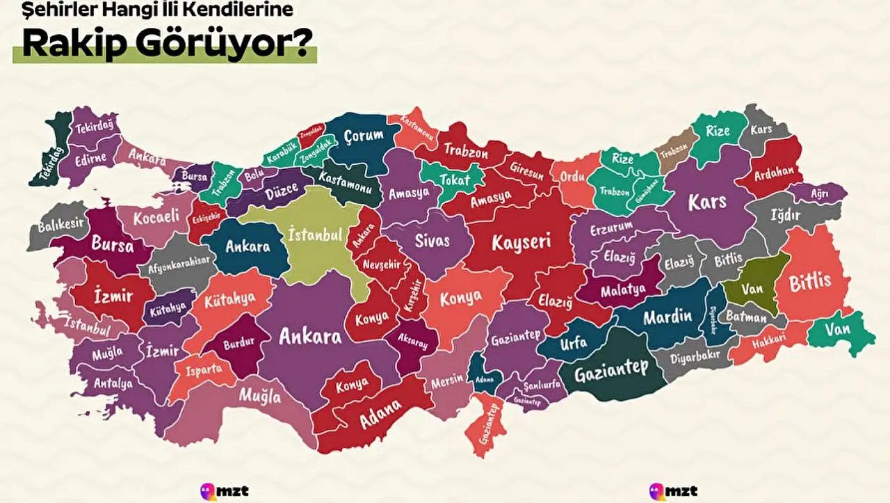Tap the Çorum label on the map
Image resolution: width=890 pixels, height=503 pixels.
coord(364,136)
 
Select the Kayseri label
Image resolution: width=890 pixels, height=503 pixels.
coord(521,242)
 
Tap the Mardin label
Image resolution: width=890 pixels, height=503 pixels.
coord(667,317)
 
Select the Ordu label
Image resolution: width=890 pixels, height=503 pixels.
coord(573,177)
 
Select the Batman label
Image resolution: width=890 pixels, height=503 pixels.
coord(746,317)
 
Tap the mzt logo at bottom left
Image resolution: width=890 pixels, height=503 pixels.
coord(224,491)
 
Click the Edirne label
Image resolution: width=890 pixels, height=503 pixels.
coord(91,158)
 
